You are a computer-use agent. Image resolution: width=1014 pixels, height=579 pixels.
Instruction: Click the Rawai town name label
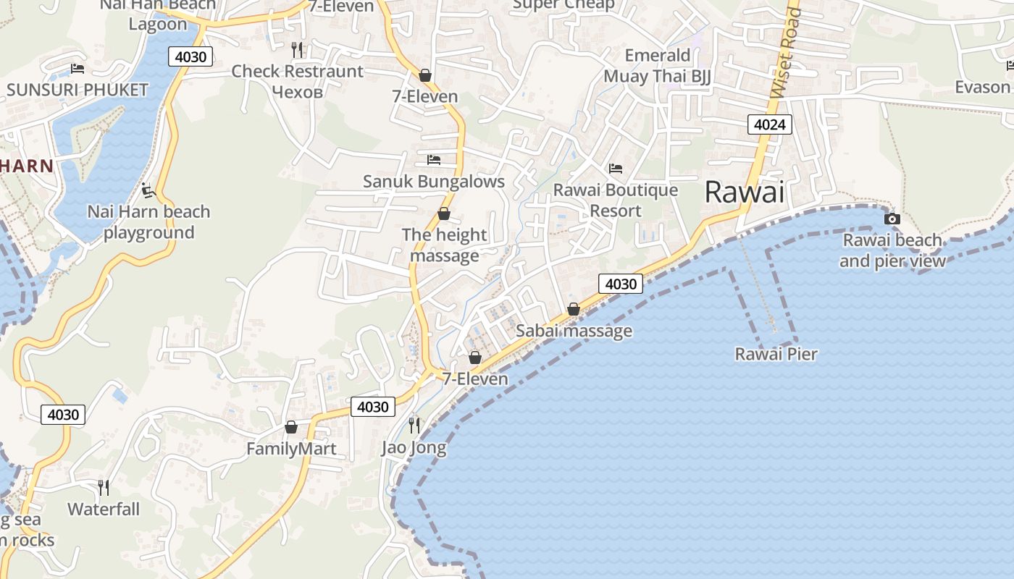745,193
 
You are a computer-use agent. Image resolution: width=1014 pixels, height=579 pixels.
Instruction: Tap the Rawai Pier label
776,354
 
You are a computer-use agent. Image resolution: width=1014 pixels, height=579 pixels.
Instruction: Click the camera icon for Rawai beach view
892,219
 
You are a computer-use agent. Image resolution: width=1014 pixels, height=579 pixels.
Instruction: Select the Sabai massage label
574,331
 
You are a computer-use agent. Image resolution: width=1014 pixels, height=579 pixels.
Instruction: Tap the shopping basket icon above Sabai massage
574,310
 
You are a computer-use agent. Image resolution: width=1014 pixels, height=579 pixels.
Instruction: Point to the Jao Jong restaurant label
414,448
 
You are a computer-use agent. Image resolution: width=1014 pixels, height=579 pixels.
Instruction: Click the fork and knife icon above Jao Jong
414,425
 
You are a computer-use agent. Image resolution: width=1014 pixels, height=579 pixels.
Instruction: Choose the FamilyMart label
291,449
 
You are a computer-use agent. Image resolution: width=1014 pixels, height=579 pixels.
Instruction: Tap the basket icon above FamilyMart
291,428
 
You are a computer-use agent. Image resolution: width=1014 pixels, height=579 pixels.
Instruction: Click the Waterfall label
104,510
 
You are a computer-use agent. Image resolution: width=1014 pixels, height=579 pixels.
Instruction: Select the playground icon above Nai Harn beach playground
148,190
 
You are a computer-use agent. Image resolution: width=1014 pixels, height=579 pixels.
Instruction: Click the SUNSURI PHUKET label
77,90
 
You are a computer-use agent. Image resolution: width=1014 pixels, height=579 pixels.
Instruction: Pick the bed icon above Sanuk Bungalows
434,159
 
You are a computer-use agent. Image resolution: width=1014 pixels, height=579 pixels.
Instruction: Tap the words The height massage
444,245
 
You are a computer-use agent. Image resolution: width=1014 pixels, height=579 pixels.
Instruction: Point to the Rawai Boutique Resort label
616,200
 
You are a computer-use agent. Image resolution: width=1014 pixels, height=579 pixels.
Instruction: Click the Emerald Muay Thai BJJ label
657,66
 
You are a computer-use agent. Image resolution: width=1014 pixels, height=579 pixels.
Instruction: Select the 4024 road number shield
769,124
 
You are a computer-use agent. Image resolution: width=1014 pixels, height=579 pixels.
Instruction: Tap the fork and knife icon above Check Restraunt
297,50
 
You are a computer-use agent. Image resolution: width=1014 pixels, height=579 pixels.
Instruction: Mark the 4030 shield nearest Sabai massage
621,284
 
